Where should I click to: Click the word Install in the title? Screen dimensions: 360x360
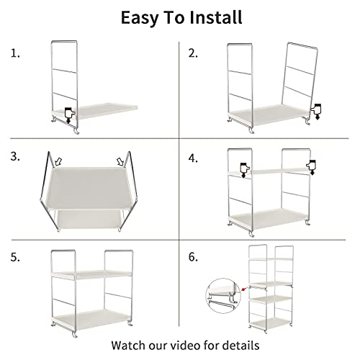(216, 17)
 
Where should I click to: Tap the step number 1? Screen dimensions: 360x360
(15, 53)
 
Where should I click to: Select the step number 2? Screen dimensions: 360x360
(193, 53)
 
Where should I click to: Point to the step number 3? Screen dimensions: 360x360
(15, 156)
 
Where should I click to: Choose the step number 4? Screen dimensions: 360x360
(193, 158)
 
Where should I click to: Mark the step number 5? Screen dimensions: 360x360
(15, 257)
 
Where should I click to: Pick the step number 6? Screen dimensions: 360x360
(193, 257)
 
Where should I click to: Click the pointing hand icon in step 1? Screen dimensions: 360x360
(70, 115)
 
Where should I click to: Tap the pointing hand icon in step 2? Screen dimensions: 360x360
(316, 112)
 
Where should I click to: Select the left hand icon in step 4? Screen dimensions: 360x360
(245, 170)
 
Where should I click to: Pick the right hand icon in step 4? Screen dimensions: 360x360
(311, 167)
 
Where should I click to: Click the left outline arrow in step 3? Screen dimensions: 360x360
(58, 161)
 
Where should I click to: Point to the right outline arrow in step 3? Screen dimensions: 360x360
(120, 162)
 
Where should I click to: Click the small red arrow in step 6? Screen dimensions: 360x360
(245, 289)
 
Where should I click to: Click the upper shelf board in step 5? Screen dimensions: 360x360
(91, 274)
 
